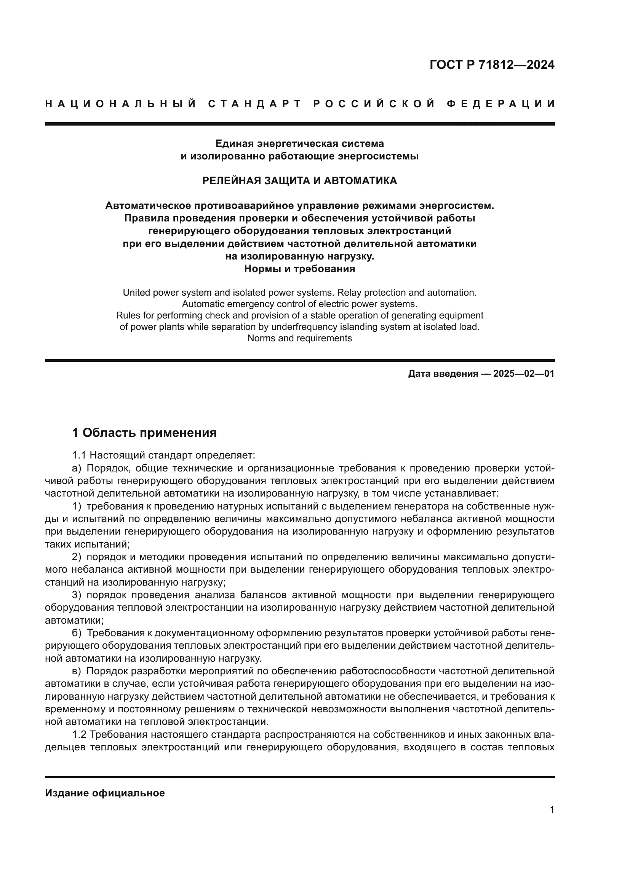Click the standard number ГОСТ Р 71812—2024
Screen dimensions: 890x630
492,65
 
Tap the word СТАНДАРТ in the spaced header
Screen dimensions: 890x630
254,104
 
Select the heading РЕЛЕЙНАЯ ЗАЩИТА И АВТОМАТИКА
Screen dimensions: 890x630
299,181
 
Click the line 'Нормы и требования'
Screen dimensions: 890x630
299,269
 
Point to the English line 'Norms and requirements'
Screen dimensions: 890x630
299,338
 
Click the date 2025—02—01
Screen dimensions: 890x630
524,374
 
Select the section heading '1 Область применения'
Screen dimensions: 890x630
144,433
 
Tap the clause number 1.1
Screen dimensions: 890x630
79,455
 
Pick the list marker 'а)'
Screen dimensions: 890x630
77,468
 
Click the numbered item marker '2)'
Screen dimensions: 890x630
77,557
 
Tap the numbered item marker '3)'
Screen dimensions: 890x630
77,595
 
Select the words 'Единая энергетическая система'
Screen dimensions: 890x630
299,143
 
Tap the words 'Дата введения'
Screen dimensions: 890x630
443,374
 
